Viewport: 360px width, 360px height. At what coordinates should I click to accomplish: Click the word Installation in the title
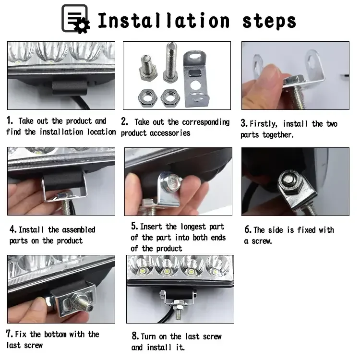[x=164, y=21]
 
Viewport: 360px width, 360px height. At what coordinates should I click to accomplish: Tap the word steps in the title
[x=269, y=22]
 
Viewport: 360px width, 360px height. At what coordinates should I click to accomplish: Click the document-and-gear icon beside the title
[x=75, y=19]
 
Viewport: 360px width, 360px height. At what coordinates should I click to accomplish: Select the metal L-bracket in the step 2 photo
[x=196, y=79]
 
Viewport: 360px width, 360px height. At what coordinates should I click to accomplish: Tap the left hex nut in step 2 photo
[x=147, y=98]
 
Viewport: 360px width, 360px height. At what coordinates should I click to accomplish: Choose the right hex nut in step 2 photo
[x=170, y=98]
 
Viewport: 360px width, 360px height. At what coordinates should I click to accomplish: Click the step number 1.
[x=10, y=120]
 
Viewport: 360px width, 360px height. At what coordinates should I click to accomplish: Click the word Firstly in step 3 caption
[x=263, y=124]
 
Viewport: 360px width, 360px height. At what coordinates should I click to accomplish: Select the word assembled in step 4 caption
[x=79, y=229]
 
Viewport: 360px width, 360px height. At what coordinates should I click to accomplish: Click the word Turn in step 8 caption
[x=149, y=336]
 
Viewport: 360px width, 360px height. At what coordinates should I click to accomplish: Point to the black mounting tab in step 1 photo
[x=70, y=87]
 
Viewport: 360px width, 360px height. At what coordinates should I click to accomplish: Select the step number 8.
[x=135, y=336]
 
